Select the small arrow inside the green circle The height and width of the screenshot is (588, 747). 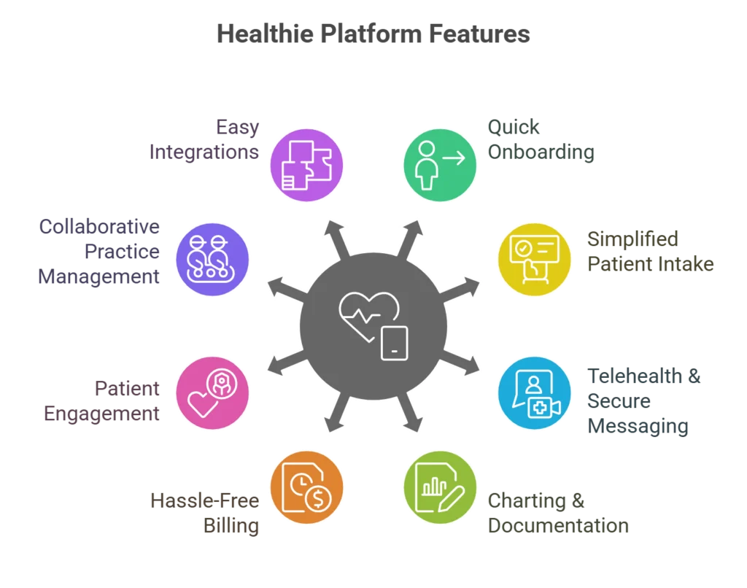point(454,157)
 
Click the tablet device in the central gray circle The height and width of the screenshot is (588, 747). point(394,343)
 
